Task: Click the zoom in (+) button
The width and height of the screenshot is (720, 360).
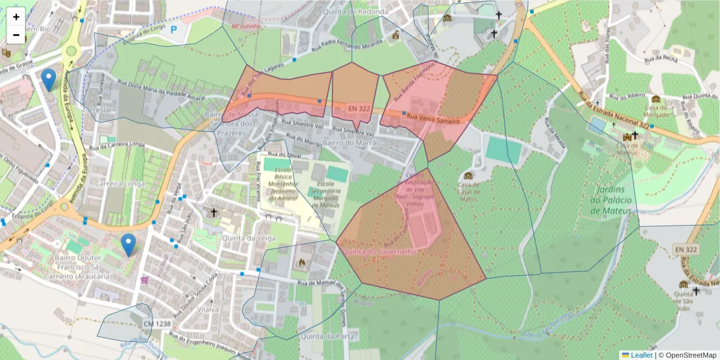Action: pos(16,17)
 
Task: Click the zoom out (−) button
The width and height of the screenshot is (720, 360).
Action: pos(16,35)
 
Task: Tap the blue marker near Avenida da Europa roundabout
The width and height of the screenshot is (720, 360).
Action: pos(49,79)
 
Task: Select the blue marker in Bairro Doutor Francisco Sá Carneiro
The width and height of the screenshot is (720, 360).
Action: pos(128,244)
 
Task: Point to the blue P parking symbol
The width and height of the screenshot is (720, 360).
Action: pos(174,28)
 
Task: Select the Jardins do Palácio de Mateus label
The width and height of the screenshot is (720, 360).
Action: pos(611,200)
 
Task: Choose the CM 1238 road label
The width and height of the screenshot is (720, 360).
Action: pos(157,324)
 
